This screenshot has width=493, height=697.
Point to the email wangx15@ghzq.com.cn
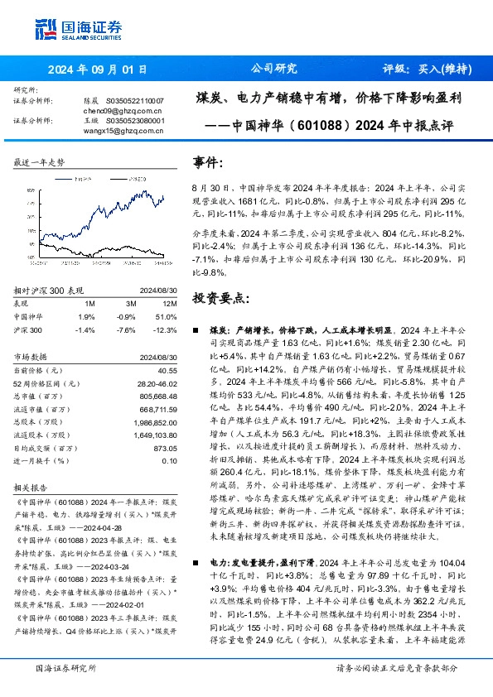point(115,129)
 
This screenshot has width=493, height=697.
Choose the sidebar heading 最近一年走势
point(39,162)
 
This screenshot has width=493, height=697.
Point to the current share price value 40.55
point(167,370)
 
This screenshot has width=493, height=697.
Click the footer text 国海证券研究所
point(63,690)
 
